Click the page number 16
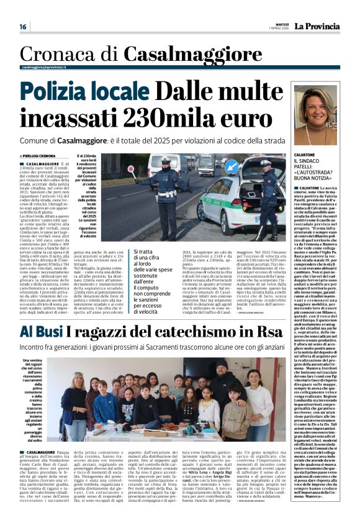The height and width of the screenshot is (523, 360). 23,27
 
